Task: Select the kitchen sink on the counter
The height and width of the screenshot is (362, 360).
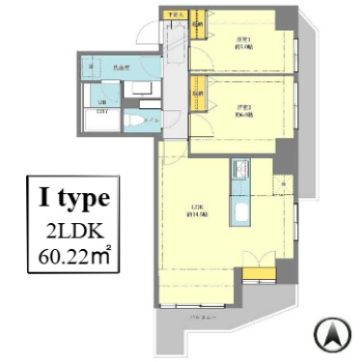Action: click(240, 212)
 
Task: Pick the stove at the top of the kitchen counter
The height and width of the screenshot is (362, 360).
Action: click(239, 174)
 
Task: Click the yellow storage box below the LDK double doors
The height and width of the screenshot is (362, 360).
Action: click(256, 279)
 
